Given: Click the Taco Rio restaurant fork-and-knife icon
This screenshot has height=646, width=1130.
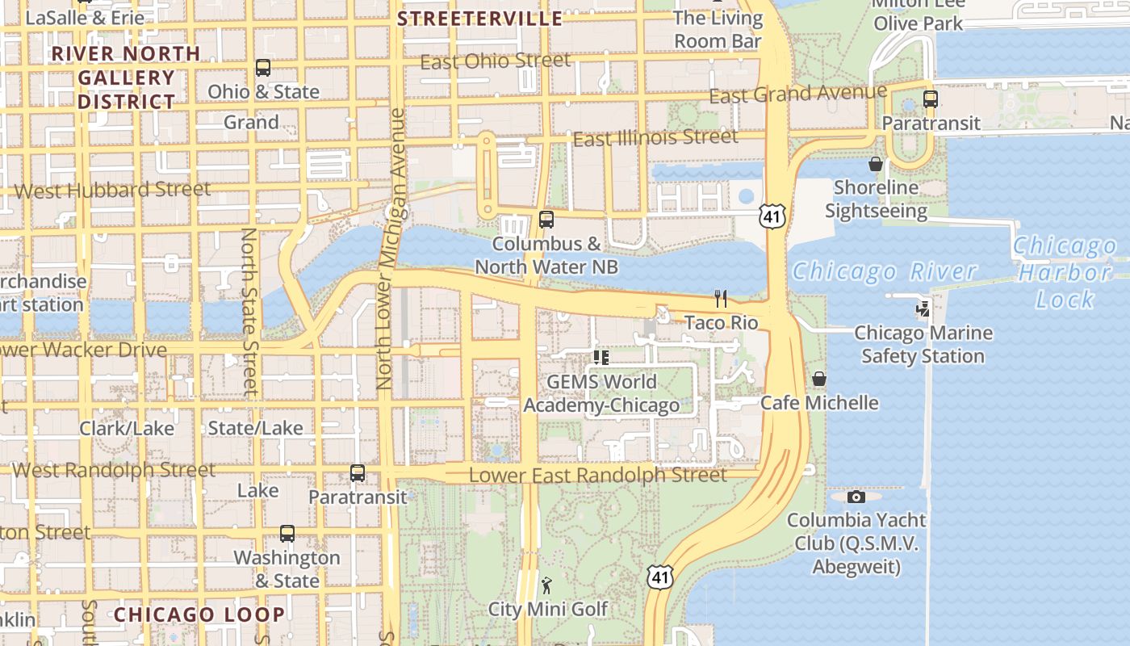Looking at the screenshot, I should coord(721,299).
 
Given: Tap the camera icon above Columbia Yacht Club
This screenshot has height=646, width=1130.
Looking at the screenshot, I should coord(856,497).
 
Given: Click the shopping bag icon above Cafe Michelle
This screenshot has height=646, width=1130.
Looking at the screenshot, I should coord(819,379).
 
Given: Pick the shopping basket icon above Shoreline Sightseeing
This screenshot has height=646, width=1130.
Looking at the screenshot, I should coord(876,164).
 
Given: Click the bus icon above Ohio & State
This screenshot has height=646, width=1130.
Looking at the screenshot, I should coord(263,68).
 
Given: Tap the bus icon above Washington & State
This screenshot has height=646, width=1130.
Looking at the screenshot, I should coord(287,534).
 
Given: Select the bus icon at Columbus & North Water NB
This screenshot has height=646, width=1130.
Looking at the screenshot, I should coord(546,220).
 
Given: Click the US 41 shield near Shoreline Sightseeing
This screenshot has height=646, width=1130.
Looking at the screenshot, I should coord(772,216).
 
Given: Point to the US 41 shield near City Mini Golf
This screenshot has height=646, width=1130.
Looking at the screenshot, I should coord(659,577).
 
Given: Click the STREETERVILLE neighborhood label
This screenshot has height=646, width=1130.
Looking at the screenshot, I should coord(480,19).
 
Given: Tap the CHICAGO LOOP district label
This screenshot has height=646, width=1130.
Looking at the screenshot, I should coord(199,615).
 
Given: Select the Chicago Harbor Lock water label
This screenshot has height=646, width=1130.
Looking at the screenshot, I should coord(1065,272).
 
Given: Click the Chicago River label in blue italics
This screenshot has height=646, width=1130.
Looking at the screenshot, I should coord(885,271).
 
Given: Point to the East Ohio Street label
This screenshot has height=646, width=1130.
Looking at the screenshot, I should coord(495,61).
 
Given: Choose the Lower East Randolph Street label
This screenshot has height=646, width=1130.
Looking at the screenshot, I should coord(597,475).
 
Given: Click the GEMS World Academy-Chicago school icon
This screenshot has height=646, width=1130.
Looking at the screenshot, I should coord(601,357).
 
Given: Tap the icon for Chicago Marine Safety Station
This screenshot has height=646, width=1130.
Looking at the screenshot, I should coord(922,308).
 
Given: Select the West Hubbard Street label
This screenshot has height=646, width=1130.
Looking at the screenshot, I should coord(113,191).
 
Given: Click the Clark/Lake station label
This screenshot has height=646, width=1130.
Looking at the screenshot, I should coord(127,428).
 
